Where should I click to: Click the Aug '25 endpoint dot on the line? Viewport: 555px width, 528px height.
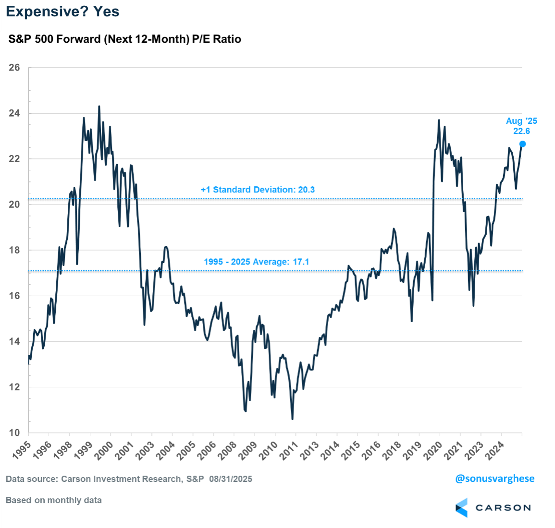click(x=523, y=144)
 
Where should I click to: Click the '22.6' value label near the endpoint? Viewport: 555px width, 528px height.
click(x=521, y=132)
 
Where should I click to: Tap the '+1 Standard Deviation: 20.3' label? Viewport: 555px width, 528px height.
click(x=258, y=190)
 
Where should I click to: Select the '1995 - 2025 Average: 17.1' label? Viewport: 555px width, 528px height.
click(x=256, y=262)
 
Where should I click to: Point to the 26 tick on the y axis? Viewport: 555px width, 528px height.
click(x=14, y=68)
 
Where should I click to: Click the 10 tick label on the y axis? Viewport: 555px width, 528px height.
click(x=14, y=433)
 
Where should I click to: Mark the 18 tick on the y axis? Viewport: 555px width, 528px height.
click(x=14, y=250)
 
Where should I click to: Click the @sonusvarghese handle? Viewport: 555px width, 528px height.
click(x=494, y=479)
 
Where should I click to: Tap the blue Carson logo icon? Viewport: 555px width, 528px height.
click(x=461, y=507)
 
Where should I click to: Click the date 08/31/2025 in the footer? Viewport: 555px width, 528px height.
click(x=231, y=479)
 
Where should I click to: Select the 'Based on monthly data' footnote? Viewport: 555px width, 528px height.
click(x=54, y=500)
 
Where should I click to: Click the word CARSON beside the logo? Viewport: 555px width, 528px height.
click(x=503, y=508)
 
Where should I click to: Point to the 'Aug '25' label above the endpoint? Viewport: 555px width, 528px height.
click(x=521, y=121)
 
